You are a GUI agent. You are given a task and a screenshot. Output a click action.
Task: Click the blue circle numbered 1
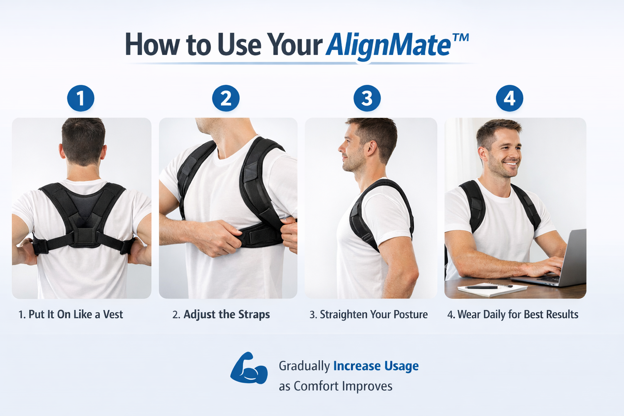click(81, 98)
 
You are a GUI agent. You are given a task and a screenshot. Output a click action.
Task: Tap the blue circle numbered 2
click(225, 98)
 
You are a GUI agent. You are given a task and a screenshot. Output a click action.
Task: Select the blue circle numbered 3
click(367, 98)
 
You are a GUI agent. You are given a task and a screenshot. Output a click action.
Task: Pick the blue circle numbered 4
click(510, 98)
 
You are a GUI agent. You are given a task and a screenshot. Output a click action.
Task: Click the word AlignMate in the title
click(388, 46)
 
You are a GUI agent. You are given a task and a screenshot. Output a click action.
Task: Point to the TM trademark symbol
click(460, 37)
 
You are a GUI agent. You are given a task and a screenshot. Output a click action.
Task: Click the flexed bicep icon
click(249, 368)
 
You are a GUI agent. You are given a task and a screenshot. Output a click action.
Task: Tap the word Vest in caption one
click(113, 314)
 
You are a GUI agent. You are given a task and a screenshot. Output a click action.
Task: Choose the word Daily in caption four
click(495, 314)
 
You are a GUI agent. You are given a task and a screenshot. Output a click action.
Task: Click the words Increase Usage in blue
click(376, 366)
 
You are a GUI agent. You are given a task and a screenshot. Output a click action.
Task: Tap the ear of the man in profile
click(371, 148)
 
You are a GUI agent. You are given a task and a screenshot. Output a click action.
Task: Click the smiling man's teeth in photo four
click(510, 163)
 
